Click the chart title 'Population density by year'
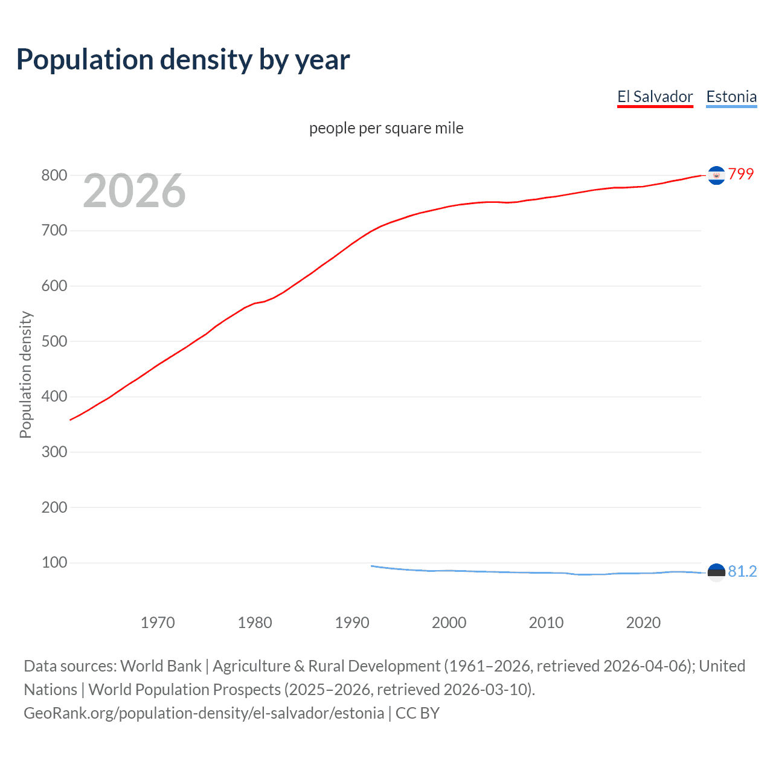click(x=183, y=60)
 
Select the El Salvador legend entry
click(x=655, y=97)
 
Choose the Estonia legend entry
click(x=731, y=97)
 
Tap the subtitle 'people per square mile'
click(x=386, y=128)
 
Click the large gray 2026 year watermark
click(x=134, y=191)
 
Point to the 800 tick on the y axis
click(x=54, y=175)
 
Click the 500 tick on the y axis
click(x=54, y=341)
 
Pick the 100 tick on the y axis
click(x=54, y=562)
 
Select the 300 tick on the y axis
click(x=54, y=452)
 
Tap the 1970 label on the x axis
click(x=158, y=623)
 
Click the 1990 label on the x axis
click(x=352, y=623)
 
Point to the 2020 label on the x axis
click(x=643, y=623)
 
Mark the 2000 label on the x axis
click(x=449, y=623)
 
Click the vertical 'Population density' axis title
click(x=25, y=374)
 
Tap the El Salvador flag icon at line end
click(x=716, y=175)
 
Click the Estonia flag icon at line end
click(x=716, y=573)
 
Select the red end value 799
click(x=741, y=174)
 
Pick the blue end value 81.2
click(x=742, y=571)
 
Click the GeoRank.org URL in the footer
click(x=204, y=713)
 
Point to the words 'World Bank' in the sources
click(x=161, y=666)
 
